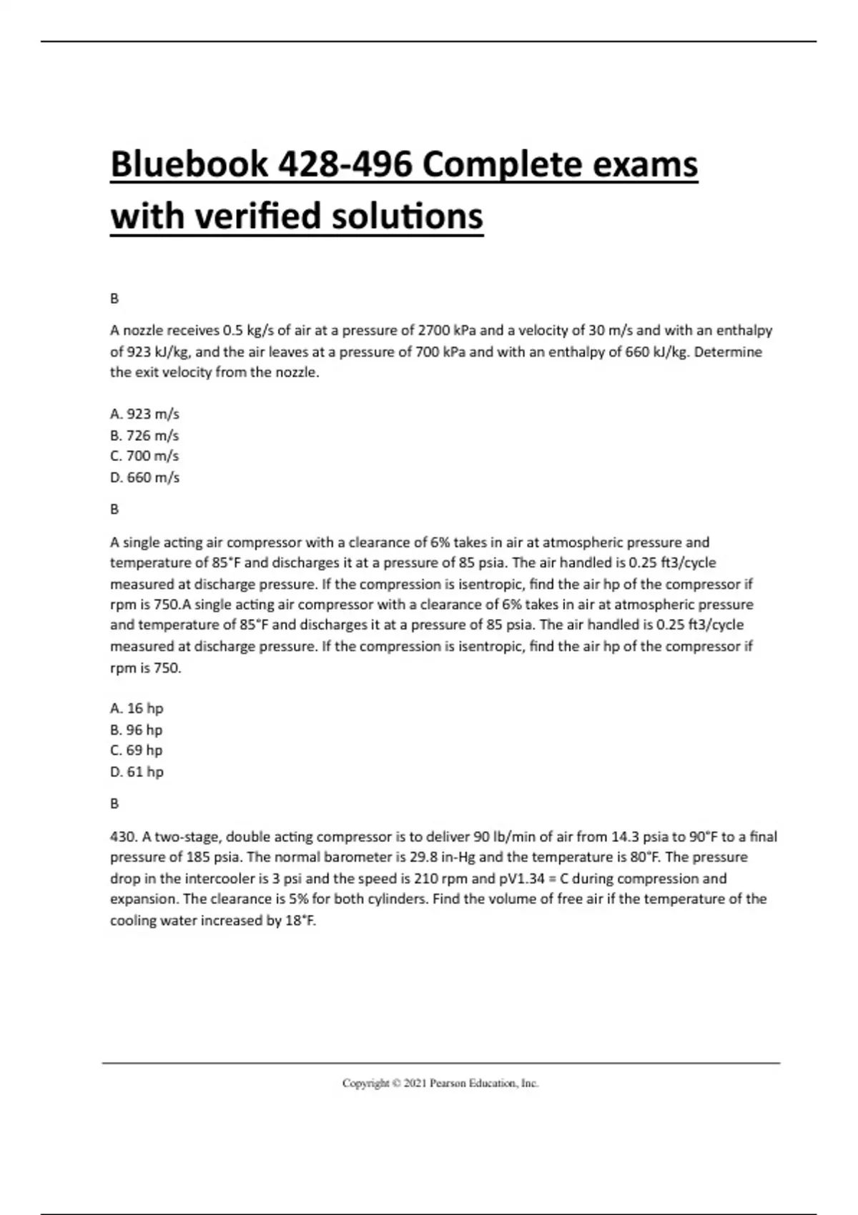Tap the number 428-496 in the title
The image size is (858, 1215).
tap(345, 165)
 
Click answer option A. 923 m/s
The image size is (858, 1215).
tap(144, 414)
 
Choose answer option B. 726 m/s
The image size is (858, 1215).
tap(144, 435)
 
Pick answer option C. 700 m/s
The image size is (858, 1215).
tap(144, 456)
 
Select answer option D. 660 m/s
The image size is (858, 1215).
tap(144, 477)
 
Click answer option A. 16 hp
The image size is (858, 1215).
tap(137, 708)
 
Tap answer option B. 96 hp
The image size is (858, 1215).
tap(137, 730)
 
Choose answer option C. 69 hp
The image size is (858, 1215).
tap(137, 750)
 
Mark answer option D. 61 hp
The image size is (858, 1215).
tap(137, 772)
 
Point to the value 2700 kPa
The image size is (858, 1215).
tap(447, 330)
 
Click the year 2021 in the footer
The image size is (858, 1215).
tap(415, 1083)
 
